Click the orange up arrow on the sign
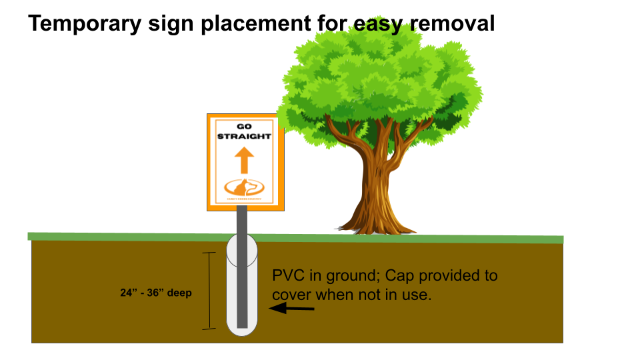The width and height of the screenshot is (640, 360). coord(245,160)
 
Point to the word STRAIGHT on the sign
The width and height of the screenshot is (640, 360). coord(245,137)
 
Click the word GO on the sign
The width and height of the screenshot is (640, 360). coord(245,127)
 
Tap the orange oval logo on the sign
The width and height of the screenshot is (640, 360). coord(245,187)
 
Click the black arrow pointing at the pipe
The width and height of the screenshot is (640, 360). coord(291,308)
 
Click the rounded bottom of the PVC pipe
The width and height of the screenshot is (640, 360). coord(242,329)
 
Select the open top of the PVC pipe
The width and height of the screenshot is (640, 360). coord(242,241)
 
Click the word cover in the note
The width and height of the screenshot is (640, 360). coord(291,294)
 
